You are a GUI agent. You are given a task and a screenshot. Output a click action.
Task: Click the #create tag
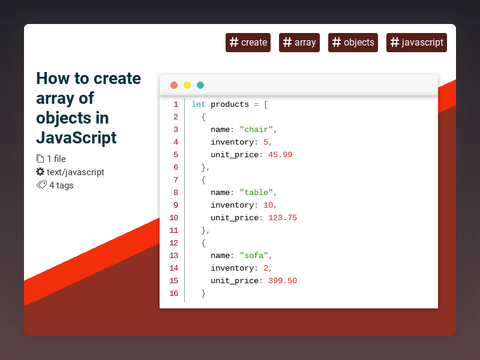point(248,43)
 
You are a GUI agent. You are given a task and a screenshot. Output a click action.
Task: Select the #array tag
point(299,43)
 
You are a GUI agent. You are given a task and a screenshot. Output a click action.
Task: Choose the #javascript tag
point(416,43)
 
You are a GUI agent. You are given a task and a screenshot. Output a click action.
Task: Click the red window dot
point(174,85)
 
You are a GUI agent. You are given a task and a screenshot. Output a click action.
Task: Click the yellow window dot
point(187,85)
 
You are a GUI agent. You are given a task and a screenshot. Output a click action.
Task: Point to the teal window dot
point(200,85)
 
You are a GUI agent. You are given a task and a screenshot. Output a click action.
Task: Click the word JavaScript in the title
point(76,137)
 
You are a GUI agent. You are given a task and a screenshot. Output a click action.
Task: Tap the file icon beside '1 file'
point(40,159)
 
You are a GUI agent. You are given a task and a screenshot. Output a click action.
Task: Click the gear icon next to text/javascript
point(40,172)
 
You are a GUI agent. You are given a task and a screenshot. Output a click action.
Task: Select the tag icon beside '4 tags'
point(41,185)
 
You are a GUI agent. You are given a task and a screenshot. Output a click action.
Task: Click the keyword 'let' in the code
point(199,104)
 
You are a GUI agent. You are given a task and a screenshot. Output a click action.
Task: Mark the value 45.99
point(280,155)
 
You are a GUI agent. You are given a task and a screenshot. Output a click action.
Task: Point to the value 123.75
point(283,218)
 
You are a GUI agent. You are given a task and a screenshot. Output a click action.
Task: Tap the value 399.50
point(283,281)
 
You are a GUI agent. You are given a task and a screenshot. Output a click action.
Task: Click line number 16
point(173,293)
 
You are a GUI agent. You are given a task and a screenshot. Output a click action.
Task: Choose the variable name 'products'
point(230,104)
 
